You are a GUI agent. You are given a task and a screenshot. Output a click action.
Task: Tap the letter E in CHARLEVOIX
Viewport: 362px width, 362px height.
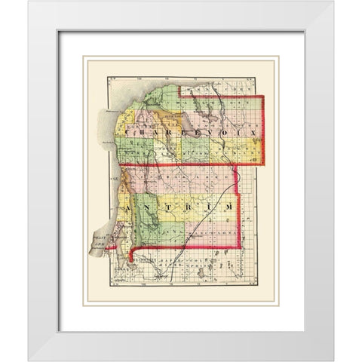[x=201, y=132]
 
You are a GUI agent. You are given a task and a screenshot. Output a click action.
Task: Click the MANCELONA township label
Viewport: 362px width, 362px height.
[x=219, y=235]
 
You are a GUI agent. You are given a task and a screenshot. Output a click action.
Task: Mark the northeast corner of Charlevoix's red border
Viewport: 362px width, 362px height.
[x=264, y=97]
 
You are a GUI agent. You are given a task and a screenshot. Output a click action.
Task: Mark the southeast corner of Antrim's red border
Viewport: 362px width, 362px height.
[x=241, y=247]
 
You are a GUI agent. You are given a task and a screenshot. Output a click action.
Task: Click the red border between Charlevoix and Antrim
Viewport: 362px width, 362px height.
[x=189, y=164]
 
